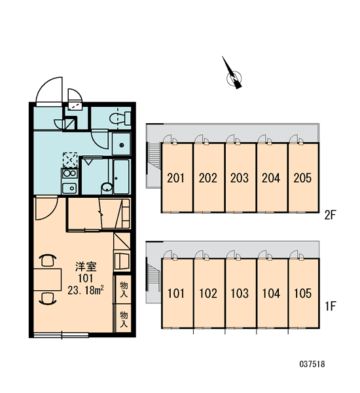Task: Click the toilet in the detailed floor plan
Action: [x=120, y=119]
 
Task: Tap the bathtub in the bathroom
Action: [x=122, y=177]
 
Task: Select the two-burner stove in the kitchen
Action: [x=69, y=173]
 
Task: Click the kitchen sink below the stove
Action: [x=69, y=188]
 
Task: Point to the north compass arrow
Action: [x=232, y=73]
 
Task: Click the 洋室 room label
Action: [x=86, y=267]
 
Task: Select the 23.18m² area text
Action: [x=86, y=290]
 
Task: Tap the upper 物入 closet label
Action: [x=124, y=290]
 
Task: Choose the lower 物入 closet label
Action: [x=124, y=319]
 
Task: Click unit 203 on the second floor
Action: [x=240, y=178]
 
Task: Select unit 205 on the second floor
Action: [x=302, y=178]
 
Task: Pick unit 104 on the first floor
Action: [x=271, y=293]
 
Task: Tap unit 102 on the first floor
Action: [x=208, y=293]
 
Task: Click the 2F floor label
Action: [x=330, y=215]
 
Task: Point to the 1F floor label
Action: [x=330, y=307]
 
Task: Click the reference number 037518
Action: [x=312, y=364]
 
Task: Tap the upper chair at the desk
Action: [x=48, y=260]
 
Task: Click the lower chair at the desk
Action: [x=48, y=298]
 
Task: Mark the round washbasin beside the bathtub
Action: [x=107, y=187]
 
